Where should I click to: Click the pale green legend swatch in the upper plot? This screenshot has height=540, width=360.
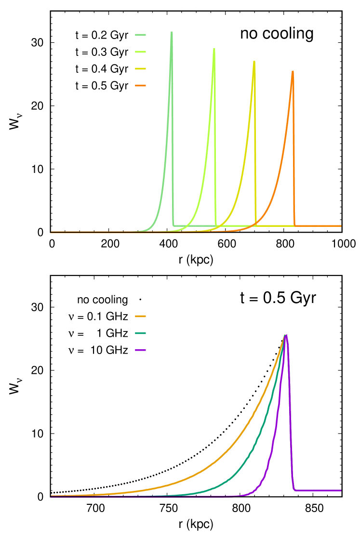tap(140, 35)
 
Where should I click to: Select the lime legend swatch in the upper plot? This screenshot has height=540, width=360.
tap(140, 52)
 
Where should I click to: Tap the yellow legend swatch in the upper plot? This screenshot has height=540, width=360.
tap(140, 68)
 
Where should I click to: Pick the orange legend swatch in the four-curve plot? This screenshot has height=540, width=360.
tap(140, 86)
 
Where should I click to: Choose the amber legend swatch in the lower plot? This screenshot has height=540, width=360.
tap(140, 316)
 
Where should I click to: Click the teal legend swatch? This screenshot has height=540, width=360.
tap(140, 333)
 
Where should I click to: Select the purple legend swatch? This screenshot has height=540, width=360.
tap(140, 350)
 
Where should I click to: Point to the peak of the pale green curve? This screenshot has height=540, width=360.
tap(172, 33)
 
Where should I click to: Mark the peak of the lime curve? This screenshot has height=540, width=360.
tap(214, 49)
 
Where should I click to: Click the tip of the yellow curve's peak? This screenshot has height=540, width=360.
tap(254, 62)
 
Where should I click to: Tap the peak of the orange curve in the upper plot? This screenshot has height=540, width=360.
tap(293, 72)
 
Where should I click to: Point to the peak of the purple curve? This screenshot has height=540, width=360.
tap(286, 335)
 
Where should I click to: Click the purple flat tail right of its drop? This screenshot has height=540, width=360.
tap(318, 490)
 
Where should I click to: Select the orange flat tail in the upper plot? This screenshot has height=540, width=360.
tap(318, 225)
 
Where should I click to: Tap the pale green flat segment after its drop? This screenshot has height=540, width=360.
tap(193, 225)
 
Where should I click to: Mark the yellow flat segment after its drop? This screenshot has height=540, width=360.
tap(275, 225)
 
